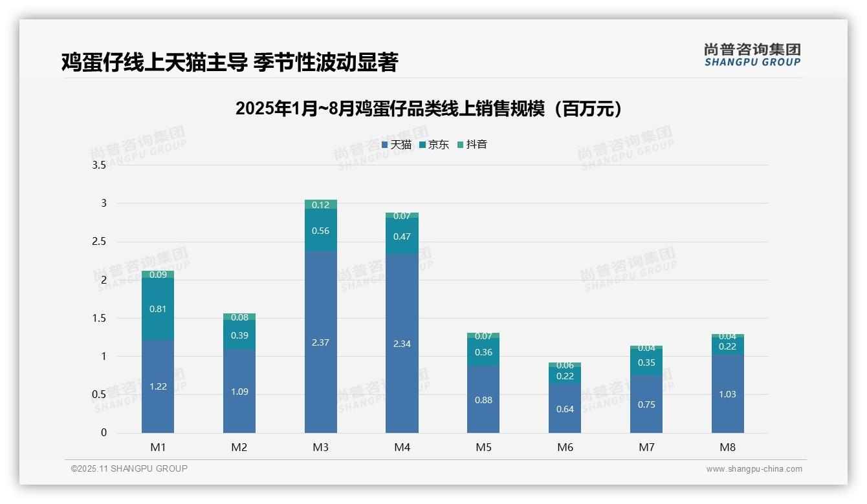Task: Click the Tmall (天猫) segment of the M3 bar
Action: [320, 342]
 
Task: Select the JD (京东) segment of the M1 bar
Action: [158, 309]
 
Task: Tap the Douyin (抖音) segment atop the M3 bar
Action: [320, 204]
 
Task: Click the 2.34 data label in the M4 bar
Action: [402, 344]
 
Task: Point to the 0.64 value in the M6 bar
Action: [565, 409]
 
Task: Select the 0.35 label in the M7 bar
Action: [646, 362]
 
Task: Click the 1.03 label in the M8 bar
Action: [727, 394]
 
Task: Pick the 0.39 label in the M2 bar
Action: [239, 335]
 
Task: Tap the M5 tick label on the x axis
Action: [483, 447]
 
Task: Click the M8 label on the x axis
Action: [727, 447]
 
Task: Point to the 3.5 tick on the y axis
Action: [99, 165]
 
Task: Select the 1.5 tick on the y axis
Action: [99, 318]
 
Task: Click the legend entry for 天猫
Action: [397, 145]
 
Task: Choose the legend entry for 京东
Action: [434, 145]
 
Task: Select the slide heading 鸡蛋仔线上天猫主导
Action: [230, 62]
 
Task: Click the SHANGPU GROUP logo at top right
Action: [752, 55]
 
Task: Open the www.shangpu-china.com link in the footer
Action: [754, 469]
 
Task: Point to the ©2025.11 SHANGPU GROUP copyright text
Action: [129, 468]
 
